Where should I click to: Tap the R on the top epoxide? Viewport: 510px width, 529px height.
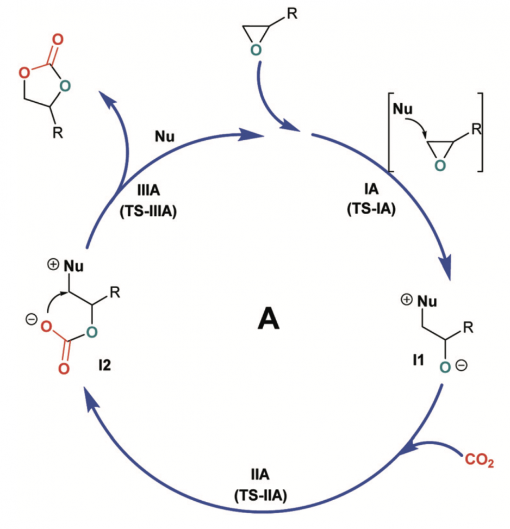coord(292,13)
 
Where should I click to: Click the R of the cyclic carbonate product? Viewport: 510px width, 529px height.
coord(58,133)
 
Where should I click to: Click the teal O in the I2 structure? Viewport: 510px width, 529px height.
coord(91,330)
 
